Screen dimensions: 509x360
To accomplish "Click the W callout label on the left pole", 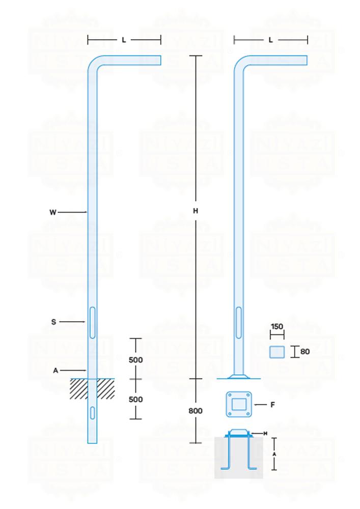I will pos(53,212).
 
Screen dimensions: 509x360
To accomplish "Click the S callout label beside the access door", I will pos(53,322).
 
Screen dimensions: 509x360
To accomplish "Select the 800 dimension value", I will pos(196,410).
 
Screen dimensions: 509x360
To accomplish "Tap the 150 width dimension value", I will pos(277,327).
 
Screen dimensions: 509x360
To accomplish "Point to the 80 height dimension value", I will pos(305,351).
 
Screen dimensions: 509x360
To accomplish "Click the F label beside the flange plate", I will pos(273,405).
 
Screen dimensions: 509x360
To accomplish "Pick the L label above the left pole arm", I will pos(124,40).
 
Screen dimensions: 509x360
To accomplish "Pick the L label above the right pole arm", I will pos(270,40).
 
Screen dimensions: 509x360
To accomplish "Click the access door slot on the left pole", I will pos(92,322).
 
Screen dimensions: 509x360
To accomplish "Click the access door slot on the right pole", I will pos(238,322).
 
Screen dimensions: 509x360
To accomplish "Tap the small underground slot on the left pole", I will pos(92,412).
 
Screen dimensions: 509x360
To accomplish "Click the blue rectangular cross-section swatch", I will pos(277,351).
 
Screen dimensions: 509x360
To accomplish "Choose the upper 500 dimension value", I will pos(135,360).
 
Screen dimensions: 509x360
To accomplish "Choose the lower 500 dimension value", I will pos(135,400).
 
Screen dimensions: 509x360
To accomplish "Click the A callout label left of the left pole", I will pos(56,371).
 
